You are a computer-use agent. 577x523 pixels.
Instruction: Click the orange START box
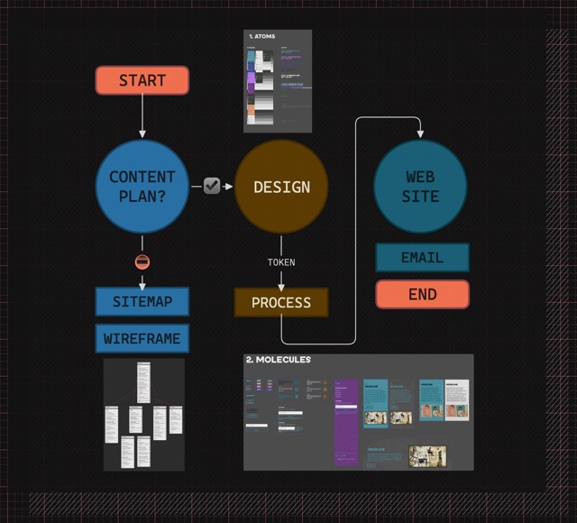click(x=142, y=80)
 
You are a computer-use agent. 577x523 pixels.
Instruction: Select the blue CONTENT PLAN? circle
click(x=142, y=187)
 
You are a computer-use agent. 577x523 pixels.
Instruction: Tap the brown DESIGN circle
click(x=281, y=187)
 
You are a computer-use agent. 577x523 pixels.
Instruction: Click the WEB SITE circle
click(x=420, y=187)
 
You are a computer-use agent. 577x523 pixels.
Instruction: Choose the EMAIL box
click(x=422, y=258)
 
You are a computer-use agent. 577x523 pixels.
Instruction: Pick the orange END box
click(x=422, y=294)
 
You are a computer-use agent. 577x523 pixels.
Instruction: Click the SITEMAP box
click(x=142, y=301)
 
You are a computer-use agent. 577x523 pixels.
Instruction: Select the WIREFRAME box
click(x=142, y=339)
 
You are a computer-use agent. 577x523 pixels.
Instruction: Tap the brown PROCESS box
click(x=281, y=302)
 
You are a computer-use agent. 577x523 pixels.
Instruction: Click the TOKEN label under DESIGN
click(x=281, y=262)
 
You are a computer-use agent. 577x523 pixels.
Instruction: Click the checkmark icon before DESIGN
click(x=212, y=186)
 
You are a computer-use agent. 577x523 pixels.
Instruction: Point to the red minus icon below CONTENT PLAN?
click(x=142, y=262)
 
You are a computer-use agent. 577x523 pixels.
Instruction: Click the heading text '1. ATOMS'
click(x=262, y=37)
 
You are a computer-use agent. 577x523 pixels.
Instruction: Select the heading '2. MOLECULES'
click(x=279, y=360)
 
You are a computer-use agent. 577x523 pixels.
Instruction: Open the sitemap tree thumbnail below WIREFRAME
click(x=143, y=414)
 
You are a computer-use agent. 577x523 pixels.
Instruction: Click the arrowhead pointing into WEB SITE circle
click(x=420, y=134)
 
